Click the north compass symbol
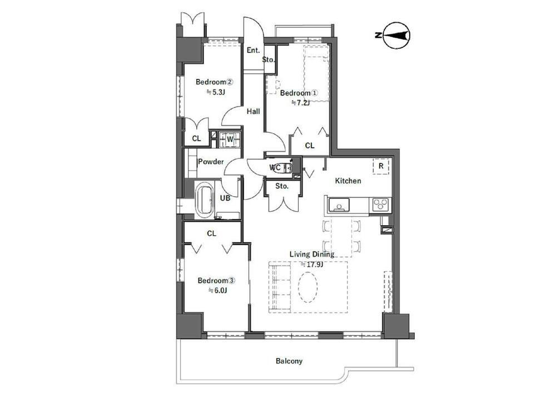(396, 35)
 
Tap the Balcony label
(289, 361)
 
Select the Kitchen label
(348, 181)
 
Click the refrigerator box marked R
(381, 166)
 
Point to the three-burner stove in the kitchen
(380, 205)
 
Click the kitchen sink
(339, 205)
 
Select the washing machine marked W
(230, 139)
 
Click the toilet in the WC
(280, 167)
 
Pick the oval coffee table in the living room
(307, 287)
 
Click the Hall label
(253, 111)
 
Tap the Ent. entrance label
(253, 51)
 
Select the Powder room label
(211, 162)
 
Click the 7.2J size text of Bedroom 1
(300, 103)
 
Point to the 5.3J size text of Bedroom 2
(216, 92)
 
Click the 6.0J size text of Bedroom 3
(217, 291)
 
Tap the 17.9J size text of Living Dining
(312, 265)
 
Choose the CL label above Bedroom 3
(211, 233)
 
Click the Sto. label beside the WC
(282, 186)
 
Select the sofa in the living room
(280, 287)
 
